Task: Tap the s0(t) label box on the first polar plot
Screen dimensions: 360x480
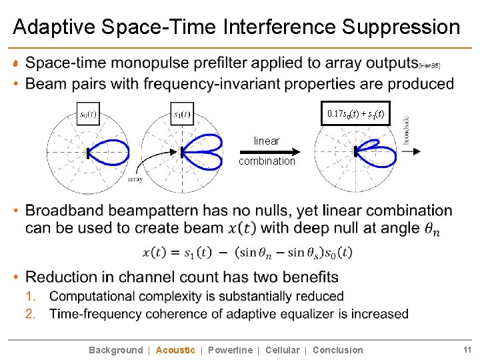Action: click(87, 114)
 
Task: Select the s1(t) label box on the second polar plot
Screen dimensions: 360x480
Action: click(182, 114)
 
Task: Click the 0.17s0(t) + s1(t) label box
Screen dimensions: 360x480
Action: click(355, 113)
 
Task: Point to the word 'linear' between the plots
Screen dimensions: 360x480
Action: click(267, 141)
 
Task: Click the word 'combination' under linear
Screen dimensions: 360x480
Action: click(267, 161)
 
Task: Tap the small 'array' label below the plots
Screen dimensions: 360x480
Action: click(135, 179)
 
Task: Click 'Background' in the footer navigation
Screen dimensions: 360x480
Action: click(115, 350)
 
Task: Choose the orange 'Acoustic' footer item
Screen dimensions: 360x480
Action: click(175, 350)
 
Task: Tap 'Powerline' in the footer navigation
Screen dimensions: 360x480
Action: click(230, 350)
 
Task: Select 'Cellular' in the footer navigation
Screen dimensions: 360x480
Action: click(282, 350)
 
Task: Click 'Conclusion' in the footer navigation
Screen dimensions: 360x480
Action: click(337, 350)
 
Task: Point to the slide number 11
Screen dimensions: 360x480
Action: click(467, 350)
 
